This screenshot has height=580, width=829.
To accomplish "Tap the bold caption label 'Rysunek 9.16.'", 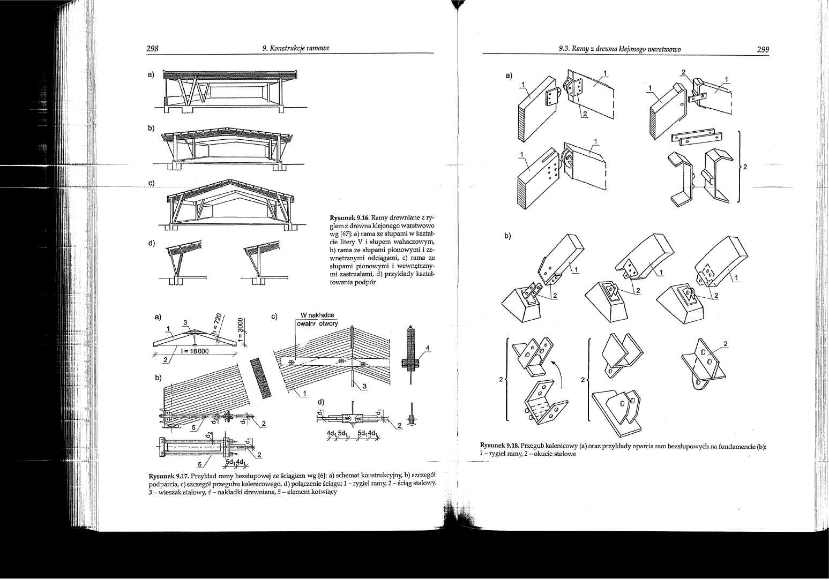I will pyautogui.click(x=348, y=219).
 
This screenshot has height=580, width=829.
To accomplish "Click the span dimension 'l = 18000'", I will pyautogui.click(x=195, y=351).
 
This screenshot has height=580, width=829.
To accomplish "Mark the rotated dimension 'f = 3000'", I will pyautogui.click(x=241, y=333).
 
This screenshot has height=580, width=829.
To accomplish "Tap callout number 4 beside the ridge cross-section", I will pyautogui.click(x=427, y=348).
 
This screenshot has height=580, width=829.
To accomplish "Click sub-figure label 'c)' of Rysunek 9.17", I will pyautogui.click(x=274, y=317).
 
